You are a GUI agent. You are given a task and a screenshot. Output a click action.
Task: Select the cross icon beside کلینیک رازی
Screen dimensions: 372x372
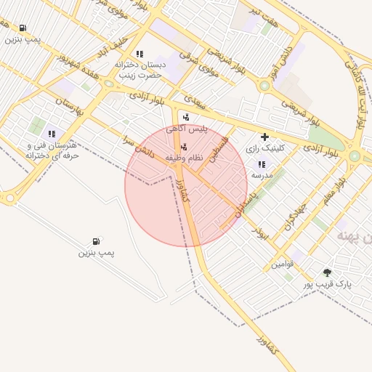[264, 136]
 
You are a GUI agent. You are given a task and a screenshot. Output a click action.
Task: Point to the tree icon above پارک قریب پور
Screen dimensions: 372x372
[328, 272]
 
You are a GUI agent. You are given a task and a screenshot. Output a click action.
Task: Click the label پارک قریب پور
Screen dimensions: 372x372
[327, 284]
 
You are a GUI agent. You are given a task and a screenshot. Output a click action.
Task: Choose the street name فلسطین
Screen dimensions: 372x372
[217, 148]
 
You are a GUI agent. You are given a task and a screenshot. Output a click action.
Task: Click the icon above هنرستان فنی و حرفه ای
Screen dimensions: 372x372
[51, 134]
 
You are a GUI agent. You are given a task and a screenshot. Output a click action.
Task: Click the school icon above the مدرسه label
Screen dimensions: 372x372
[262, 164]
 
